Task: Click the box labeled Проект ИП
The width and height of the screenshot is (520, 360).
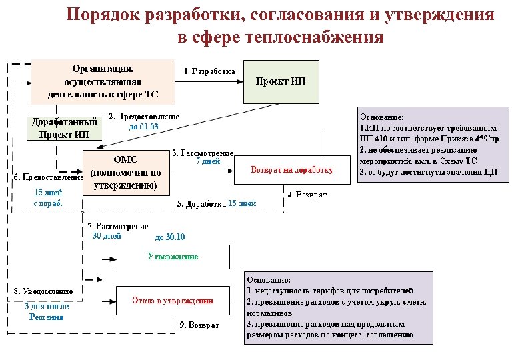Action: (x=281, y=81)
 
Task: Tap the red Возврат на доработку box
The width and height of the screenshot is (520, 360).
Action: (x=291, y=170)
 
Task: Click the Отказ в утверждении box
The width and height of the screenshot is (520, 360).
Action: (x=172, y=301)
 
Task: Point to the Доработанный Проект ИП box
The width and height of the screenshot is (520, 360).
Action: (x=64, y=128)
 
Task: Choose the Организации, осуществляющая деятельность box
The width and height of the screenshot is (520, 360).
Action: (x=103, y=81)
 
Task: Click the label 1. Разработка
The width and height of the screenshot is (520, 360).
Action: (x=209, y=71)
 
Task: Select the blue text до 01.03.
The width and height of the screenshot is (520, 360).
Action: (x=145, y=126)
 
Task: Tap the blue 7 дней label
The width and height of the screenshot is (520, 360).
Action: (x=208, y=161)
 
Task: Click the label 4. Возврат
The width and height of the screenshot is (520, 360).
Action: (x=307, y=194)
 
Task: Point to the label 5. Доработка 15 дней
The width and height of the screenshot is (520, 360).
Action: (x=216, y=203)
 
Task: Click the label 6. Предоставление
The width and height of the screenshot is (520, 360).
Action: (x=49, y=177)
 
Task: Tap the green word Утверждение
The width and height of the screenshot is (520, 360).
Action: (x=173, y=256)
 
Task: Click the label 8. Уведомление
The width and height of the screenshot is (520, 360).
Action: (x=43, y=291)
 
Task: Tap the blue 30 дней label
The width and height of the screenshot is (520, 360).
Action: (x=106, y=235)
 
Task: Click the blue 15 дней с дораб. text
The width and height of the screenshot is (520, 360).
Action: (x=48, y=198)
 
